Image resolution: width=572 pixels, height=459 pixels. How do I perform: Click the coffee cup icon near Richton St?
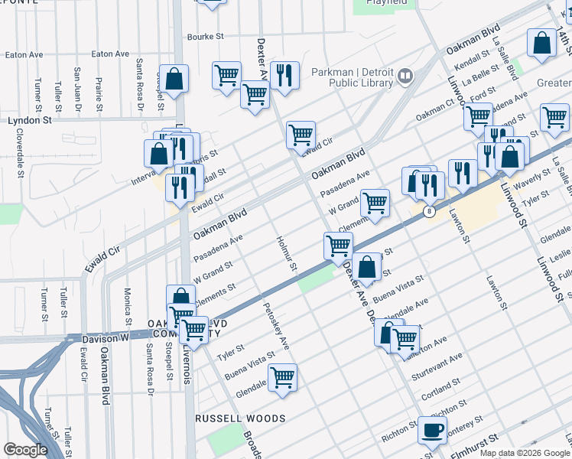click(432, 430)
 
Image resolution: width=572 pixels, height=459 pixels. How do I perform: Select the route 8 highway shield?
click(431, 211)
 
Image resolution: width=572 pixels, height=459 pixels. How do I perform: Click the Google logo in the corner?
click(26, 449)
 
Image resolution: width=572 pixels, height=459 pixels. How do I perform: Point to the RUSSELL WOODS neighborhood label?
click(240, 418)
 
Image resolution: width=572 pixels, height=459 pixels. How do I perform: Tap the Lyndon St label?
click(30, 120)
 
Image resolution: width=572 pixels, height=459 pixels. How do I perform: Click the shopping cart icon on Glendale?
click(283, 377)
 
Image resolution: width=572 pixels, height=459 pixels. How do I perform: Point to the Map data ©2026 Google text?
click(525, 452)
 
